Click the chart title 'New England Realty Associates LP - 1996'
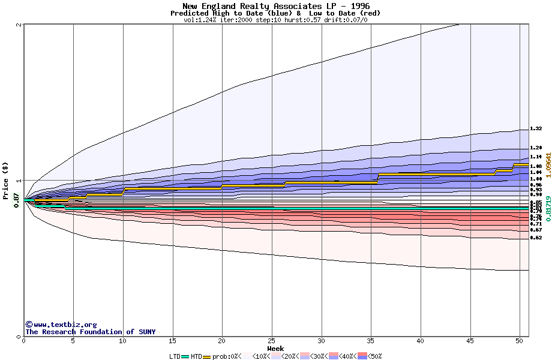pos(275,6)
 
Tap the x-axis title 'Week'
pos(275,349)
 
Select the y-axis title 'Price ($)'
pos(6,180)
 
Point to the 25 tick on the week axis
pos(272,341)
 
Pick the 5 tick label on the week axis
pos(73,341)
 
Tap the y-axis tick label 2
pos(19,25)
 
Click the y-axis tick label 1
pos(19,180)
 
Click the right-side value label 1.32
pos(536,129)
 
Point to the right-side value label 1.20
pos(536,148)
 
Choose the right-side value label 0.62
pos(536,238)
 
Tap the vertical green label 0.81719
pos(548,209)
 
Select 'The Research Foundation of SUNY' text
pos(90,332)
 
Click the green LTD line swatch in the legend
pos(185,356)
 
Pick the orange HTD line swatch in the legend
pos(207,356)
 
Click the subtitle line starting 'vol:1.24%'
pos(275,20)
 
